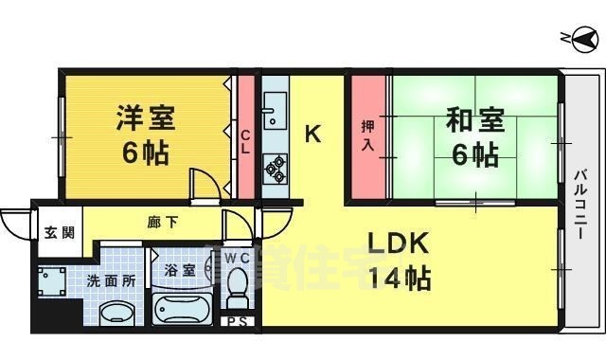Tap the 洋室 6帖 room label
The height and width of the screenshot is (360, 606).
[x=144, y=135]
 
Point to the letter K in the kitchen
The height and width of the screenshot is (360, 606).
[x=312, y=134]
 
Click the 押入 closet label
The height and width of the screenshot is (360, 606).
[x=369, y=135]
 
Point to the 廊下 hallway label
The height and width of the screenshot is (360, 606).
[x=161, y=225]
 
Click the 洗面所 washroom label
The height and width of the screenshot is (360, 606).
[x=112, y=281]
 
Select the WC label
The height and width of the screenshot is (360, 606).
[x=236, y=257]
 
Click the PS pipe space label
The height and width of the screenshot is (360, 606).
[x=236, y=322]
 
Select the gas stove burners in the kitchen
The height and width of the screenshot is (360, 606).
[x=276, y=167]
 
